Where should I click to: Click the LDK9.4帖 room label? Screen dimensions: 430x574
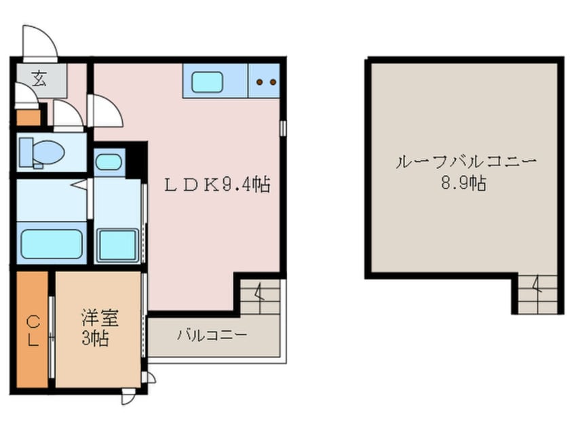pyautogui.click(x=217, y=184)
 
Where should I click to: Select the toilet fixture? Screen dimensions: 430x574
pyautogui.click(x=41, y=152)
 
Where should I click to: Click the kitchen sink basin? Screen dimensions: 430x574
pyautogui.click(x=212, y=83)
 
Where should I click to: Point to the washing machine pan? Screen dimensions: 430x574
pyautogui.click(x=118, y=244)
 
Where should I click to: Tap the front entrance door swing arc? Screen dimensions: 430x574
pyautogui.click(x=39, y=42)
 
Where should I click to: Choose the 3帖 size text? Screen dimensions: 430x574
pyautogui.click(x=96, y=338)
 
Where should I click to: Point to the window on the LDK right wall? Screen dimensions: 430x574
pyautogui.click(x=283, y=129)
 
